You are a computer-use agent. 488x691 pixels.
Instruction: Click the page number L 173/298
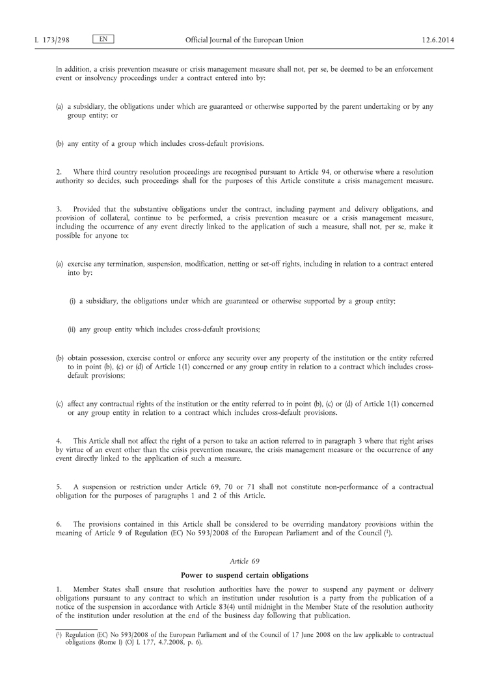click(51, 40)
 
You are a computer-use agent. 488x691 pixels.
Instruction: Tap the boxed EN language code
click(103, 40)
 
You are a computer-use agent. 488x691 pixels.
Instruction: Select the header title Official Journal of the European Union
click(244, 40)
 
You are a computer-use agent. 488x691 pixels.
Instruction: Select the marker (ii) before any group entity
click(72, 330)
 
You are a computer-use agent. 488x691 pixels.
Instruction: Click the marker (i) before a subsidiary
click(72, 301)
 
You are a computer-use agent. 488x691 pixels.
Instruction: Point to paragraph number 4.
click(58, 441)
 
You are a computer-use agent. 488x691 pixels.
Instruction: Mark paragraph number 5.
click(58, 487)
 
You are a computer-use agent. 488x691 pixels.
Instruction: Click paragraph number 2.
click(58, 171)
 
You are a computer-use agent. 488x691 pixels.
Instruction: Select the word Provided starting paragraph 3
click(88, 208)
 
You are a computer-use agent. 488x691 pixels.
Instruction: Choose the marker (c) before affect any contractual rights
click(59, 404)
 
